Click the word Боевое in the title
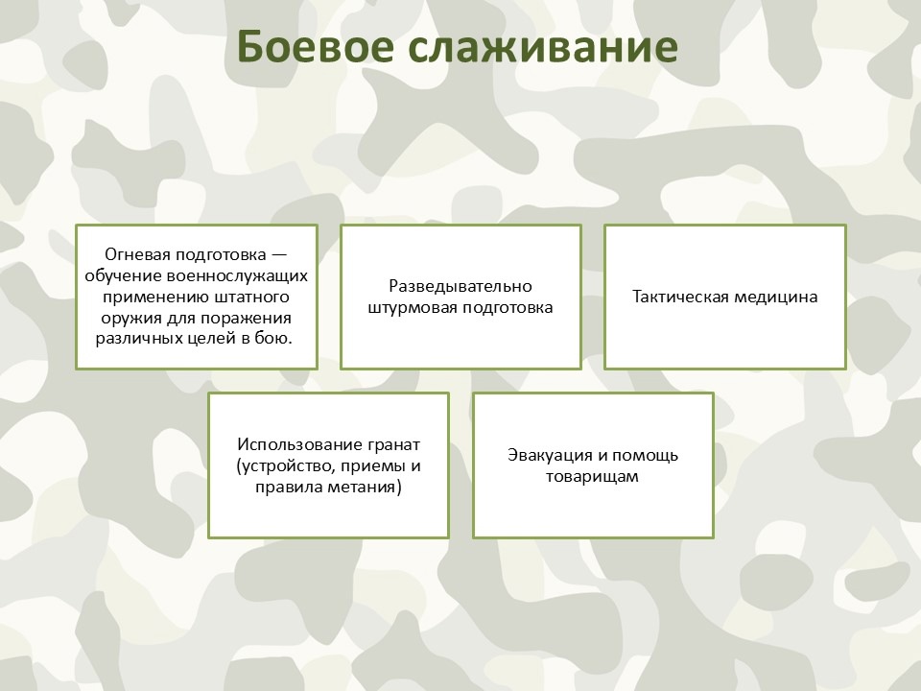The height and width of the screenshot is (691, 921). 316,46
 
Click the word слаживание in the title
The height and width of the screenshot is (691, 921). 543,47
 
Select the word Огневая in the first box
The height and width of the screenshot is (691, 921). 137,254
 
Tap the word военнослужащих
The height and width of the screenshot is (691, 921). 237,275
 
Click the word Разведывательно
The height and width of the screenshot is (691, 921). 460,286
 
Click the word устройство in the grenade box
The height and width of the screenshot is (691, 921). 277,466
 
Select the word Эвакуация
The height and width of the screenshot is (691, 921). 550,455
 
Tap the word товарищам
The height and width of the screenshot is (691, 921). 592,477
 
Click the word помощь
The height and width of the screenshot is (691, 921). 645,455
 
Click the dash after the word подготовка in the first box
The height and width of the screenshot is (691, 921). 279,255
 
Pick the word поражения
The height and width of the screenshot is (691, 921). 247,318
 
